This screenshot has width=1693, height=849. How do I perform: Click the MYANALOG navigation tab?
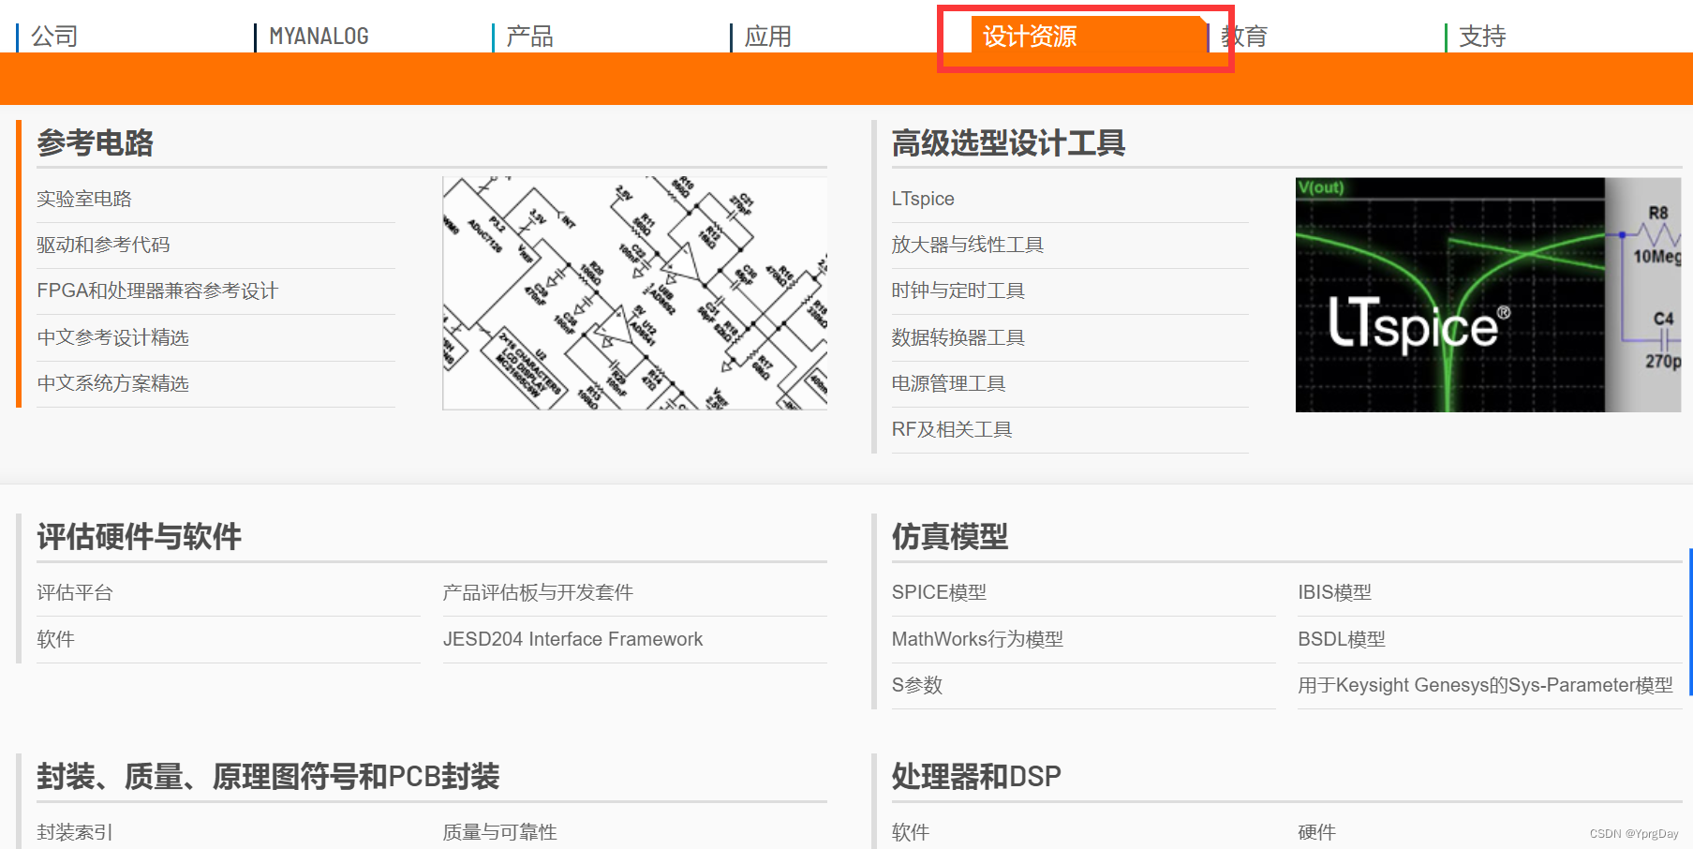coord(319,37)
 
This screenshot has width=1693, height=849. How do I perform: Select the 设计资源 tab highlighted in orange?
coord(1030,37)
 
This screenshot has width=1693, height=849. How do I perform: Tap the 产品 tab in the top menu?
coord(530,37)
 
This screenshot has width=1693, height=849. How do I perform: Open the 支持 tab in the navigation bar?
coord(1482,37)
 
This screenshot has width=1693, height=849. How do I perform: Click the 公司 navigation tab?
coord(54,37)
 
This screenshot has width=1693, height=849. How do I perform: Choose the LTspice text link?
coord(923,199)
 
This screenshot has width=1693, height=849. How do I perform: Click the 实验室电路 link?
coord(84,199)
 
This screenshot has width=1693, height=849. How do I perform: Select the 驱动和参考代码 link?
coord(103,245)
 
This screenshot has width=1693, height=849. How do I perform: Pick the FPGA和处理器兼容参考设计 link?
coord(157,290)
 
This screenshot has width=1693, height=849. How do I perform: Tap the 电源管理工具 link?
coord(948,383)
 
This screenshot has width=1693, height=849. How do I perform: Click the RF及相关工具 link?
coord(952,429)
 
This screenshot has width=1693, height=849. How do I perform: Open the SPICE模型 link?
coord(939,592)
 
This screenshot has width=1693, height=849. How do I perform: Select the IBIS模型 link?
coord(1334,592)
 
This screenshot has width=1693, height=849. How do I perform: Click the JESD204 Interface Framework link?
coord(572,639)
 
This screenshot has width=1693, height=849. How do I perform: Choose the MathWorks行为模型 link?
coord(977,639)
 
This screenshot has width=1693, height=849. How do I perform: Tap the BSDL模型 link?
coord(1341,639)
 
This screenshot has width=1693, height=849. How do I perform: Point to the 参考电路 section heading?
coord(95,143)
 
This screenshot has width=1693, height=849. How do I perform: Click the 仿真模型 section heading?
coord(949,537)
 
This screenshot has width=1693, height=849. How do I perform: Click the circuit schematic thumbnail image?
coord(634,293)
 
